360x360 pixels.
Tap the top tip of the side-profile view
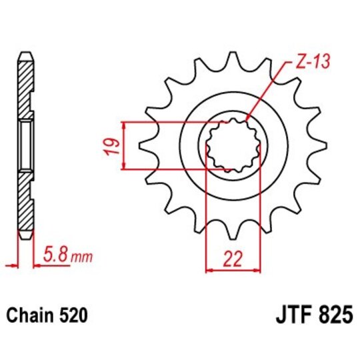click(25, 52)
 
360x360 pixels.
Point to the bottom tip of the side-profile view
click(25, 238)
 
